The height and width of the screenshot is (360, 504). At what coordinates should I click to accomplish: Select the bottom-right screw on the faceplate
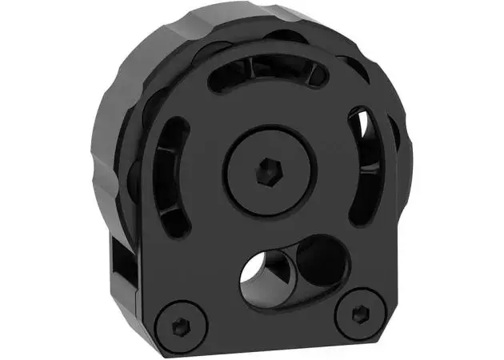point(356,311)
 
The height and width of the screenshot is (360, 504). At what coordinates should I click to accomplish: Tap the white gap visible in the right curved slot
point(366,128)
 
